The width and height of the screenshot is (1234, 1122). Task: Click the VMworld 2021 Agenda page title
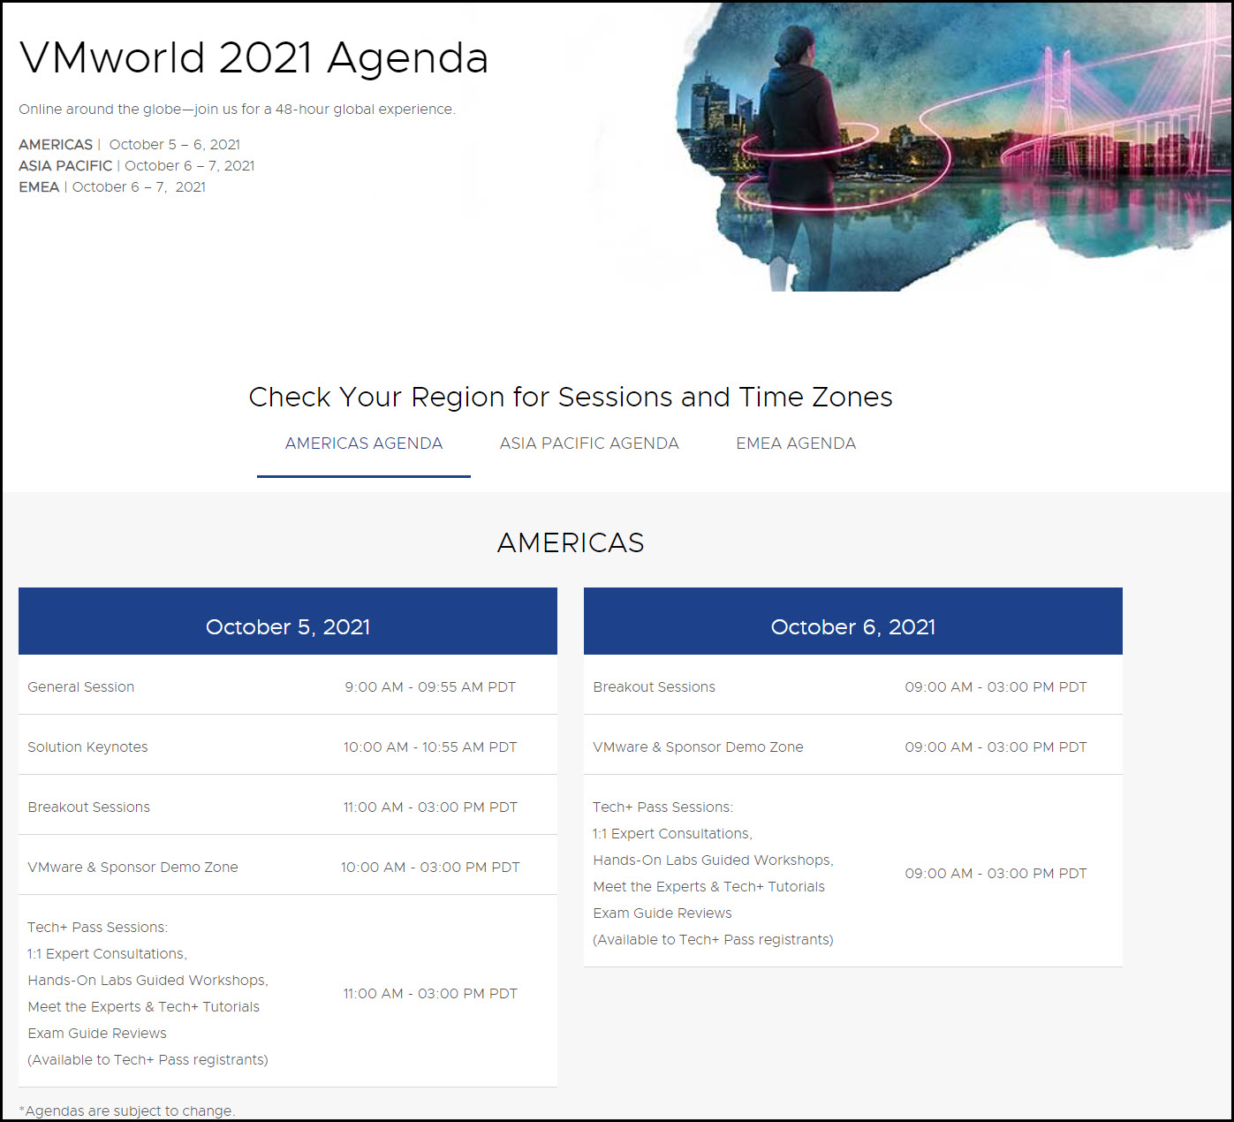254,57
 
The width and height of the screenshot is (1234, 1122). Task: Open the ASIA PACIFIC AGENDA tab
588,443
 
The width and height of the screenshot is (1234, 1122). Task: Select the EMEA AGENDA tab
795,443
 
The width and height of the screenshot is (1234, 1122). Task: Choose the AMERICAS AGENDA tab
364,443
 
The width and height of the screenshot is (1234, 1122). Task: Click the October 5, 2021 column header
288,626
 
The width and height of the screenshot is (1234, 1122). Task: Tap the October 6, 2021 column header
852,626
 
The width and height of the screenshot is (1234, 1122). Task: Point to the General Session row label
80,686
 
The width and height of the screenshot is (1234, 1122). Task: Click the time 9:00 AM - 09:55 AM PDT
430,686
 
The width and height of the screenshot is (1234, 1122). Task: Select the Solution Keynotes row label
87,747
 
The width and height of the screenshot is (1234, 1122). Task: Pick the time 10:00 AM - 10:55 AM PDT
430,747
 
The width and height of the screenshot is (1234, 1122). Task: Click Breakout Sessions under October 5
88,807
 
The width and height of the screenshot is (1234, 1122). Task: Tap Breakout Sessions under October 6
654,686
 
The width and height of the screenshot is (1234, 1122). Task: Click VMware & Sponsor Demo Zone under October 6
698,747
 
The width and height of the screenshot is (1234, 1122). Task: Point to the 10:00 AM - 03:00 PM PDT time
430,868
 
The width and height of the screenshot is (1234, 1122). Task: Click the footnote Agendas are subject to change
127,1111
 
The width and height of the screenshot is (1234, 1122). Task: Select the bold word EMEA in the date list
39,187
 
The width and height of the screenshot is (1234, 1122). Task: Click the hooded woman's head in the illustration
792,46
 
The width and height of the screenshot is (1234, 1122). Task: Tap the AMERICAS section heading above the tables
571,542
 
